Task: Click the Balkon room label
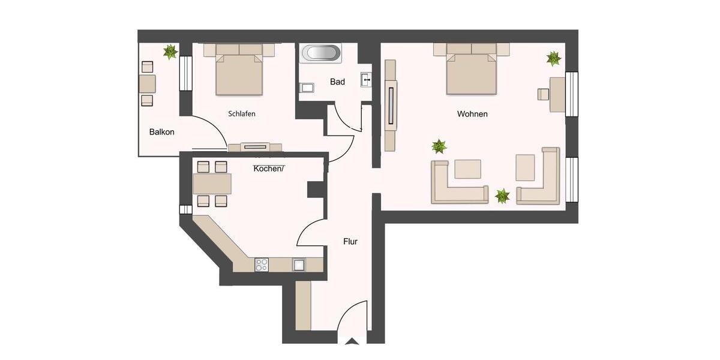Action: [162, 132]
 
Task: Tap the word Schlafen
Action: [242, 113]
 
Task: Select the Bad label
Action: [337, 82]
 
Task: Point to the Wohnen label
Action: [472, 113]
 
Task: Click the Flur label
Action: [350, 242]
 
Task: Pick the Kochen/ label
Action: [268, 169]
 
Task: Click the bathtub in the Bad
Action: [321, 53]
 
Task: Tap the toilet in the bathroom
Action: [306, 88]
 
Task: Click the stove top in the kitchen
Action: [261, 264]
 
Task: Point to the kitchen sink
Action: [298, 264]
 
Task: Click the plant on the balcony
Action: [170, 52]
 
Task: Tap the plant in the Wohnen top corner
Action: [553, 58]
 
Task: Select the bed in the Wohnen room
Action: [472, 71]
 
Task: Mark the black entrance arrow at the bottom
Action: [352, 342]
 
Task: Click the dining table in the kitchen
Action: [212, 183]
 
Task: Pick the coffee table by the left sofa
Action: [467, 169]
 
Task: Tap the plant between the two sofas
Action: [502, 196]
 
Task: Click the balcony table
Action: [147, 83]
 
